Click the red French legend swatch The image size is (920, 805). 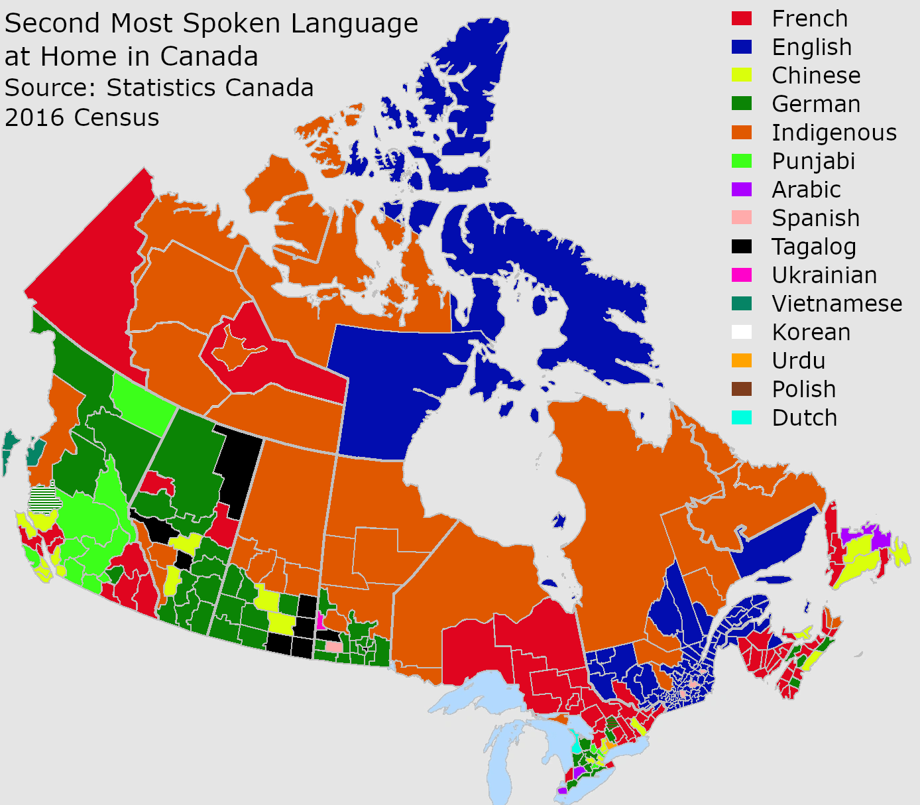coord(742,19)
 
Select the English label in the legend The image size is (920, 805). coord(811,47)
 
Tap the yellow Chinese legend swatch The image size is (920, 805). coord(742,76)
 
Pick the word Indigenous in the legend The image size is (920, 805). coord(834,133)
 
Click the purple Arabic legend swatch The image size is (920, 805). coord(742,190)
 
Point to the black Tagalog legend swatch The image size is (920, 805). coord(742,247)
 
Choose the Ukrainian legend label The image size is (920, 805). coord(824,275)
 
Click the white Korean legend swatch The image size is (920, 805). coord(742,332)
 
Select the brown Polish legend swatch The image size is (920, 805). coord(742,389)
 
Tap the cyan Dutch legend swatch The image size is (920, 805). coord(742,418)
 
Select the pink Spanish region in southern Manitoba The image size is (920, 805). coord(333,646)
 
